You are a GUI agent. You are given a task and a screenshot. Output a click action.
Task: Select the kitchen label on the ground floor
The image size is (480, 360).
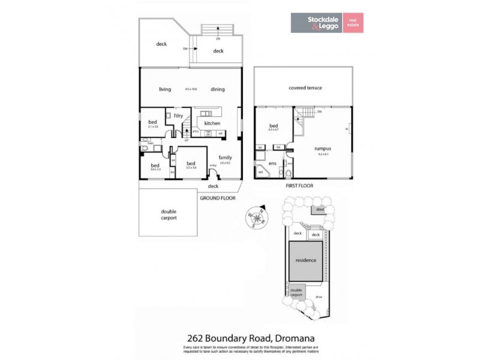point(212,124)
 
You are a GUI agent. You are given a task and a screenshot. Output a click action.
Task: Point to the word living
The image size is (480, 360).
point(165,89)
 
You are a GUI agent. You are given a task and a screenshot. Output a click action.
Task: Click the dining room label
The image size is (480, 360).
point(218,89)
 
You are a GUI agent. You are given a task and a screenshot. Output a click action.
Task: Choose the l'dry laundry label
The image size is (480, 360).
point(178,115)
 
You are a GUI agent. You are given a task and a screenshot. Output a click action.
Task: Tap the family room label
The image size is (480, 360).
point(225,157)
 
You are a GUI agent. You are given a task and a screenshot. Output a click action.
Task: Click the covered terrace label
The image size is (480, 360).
point(305,88)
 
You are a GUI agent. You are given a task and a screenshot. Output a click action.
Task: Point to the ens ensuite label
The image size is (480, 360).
point(272,163)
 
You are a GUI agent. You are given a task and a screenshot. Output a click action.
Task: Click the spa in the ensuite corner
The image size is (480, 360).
point(261,172)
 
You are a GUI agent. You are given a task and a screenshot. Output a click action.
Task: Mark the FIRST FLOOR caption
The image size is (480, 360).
point(300,186)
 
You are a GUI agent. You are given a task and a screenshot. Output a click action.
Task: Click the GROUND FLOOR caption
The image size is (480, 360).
point(218,197)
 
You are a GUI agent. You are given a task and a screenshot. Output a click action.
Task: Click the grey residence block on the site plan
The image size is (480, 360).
point(306,260)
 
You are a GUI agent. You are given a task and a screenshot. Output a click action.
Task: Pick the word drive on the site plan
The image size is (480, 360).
point(319,297)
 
